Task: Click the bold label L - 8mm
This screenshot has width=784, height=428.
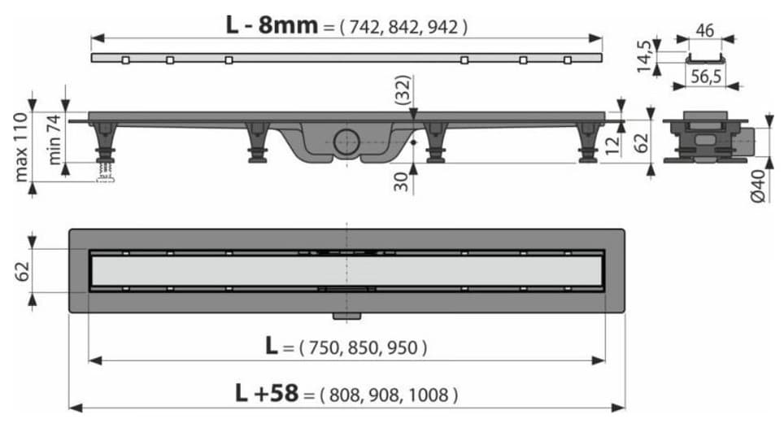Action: point(272,24)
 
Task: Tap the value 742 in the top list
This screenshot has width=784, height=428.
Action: point(364,27)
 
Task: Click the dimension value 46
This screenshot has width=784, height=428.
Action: point(704,30)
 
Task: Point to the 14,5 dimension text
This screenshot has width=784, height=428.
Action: point(645,56)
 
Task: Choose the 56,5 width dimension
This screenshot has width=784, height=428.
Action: point(706,76)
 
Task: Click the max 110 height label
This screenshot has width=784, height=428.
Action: point(21,146)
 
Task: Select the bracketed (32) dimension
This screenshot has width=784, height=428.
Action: point(403,90)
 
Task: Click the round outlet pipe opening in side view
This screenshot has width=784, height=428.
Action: point(346,142)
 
